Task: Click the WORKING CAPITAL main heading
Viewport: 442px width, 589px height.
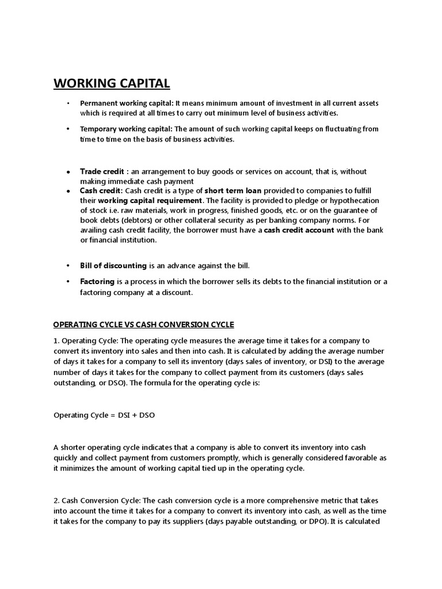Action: click(112, 83)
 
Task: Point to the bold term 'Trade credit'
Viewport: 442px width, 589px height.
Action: click(102, 171)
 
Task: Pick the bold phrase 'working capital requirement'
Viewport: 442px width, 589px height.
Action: click(150, 200)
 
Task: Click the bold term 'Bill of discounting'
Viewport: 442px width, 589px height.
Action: click(113, 265)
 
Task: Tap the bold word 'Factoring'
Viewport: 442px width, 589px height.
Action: click(97, 281)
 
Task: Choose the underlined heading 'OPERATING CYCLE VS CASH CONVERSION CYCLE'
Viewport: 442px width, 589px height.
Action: click(144, 324)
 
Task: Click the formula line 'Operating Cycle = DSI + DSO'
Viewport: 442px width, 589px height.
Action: click(104, 415)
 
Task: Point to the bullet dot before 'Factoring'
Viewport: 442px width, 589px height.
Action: click(68, 282)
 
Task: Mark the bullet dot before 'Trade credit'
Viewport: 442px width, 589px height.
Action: click(68, 172)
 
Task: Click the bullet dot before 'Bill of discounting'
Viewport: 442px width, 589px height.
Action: click(68, 266)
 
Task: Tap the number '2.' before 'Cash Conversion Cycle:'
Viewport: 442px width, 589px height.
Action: click(57, 500)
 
